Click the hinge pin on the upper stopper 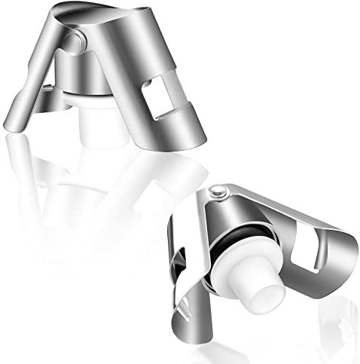click(x=72, y=39)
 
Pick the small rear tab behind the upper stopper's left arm click(x=45, y=93)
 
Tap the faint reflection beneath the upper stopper click(x=90, y=188)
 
